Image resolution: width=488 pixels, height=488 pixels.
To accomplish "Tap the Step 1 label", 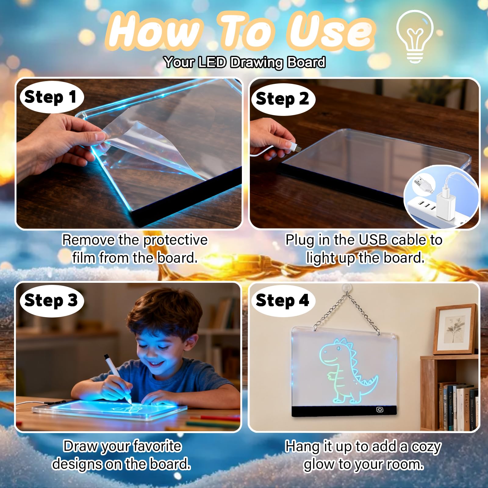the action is [x=51, y=97].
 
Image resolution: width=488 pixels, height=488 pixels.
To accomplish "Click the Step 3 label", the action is [x=51, y=301].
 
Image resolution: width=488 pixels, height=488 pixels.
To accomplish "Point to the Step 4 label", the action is [x=283, y=301].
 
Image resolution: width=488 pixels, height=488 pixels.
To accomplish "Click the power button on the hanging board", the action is [x=380, y=410].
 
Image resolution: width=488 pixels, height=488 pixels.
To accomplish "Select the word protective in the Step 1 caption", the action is [x=175, y=240].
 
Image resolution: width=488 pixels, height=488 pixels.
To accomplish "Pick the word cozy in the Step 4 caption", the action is [x=426, y=447].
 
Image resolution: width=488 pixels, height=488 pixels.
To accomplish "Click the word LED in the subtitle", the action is [x=212, y=62].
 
